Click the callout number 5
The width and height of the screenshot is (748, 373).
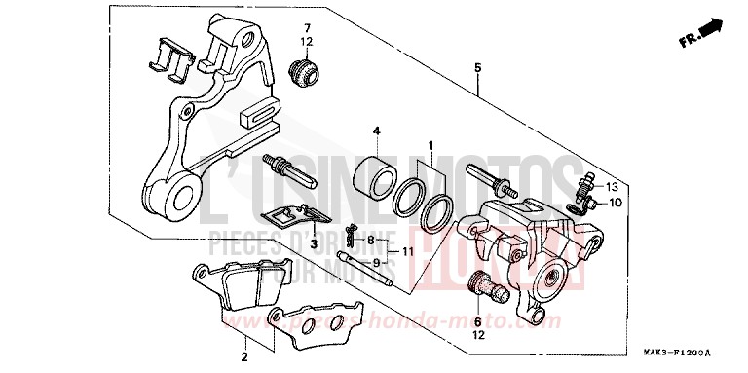pyautogui.click(x=477, y=68)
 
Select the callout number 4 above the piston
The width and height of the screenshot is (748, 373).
pyautogui.click(x=375, y=131)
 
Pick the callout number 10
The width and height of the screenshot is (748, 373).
pyautogui.click(x=616, y=203)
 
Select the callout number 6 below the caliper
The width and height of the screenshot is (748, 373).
pyautogui.click(x=478, y=320)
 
